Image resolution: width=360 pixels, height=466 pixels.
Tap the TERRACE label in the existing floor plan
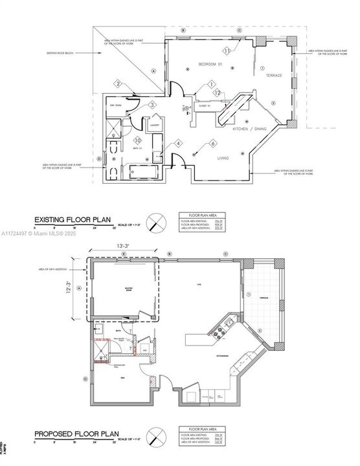pyautogui.click(x=274, y=76)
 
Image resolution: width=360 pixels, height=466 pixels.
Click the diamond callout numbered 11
pyautogui.click(x=227, y=50)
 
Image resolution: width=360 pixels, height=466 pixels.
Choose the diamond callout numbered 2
pyautogui.click(x=118, y=83)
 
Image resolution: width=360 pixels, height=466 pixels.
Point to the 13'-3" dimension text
pyautogui.click(x=124, y=246)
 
